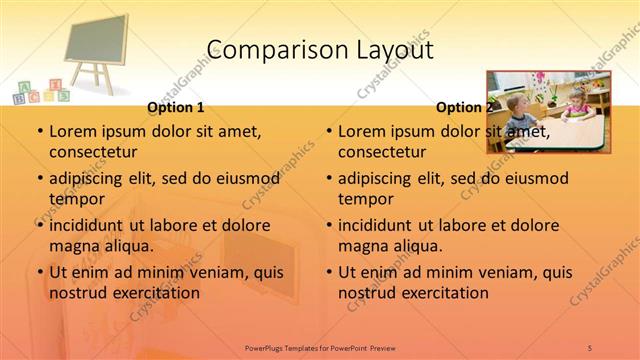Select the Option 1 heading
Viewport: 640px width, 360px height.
click(175, 107)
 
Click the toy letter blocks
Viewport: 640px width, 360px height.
click(40, 92)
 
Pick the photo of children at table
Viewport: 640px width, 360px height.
click(547, 111)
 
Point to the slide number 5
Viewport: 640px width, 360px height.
click(590, 347)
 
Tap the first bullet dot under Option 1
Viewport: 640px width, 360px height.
click(39, 131)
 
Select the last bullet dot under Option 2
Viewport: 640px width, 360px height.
click(328, 272)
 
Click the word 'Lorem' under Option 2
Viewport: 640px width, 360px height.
click(361, 130)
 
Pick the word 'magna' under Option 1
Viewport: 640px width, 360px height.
click(73, 246)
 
